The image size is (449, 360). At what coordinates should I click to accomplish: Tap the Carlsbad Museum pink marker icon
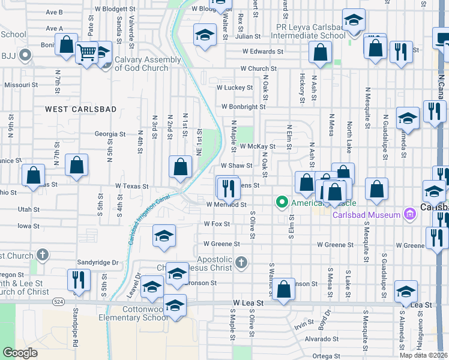click(410, 214)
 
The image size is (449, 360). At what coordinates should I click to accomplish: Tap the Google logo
click(20, 352)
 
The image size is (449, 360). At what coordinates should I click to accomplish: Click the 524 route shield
click(58, 300)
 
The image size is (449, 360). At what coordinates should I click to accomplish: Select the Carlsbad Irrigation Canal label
click(149, 220)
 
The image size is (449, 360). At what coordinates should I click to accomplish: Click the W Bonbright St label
click(243, 106)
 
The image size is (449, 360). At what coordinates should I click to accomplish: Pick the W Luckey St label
click(235, 88)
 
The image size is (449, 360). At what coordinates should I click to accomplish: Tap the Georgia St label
click(110, 134)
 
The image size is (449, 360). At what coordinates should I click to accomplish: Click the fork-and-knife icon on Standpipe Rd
click(79, 280)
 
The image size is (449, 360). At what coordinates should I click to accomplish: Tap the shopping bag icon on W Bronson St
click(283, 289)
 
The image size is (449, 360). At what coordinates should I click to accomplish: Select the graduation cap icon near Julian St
click(205, 34)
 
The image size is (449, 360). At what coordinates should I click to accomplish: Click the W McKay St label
click(257, 146)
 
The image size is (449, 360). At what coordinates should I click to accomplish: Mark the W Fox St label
click(217, 223)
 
